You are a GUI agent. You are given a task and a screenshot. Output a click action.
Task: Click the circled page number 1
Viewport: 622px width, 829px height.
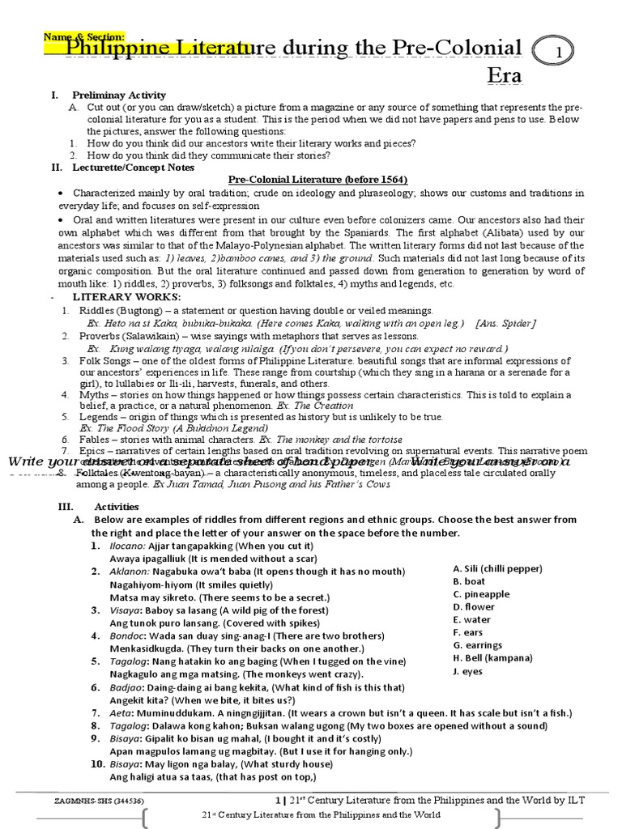[559, 51]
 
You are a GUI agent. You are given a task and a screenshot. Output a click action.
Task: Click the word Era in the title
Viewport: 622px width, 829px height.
[504, 76]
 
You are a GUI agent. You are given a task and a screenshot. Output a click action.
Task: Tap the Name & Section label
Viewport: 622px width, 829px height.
[83, 36]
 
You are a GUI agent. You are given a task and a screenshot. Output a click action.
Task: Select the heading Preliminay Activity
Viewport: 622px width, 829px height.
[119, 95]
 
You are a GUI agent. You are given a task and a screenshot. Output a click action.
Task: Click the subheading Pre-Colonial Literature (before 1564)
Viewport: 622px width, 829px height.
[317, 179]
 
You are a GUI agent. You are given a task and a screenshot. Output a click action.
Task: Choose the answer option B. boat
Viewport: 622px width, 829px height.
[469, 581]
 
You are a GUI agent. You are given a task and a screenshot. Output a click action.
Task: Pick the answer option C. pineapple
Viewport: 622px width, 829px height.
[481, 594]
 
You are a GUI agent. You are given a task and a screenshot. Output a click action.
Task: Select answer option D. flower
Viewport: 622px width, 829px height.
[474, 606]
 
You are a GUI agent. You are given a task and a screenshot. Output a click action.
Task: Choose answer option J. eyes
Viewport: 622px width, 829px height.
[467, 671]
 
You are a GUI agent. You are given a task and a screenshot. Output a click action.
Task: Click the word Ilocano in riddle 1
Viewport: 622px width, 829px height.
[128, 546]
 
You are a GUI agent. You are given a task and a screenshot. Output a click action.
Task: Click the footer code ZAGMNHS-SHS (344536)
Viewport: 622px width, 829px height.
[94, 801]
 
